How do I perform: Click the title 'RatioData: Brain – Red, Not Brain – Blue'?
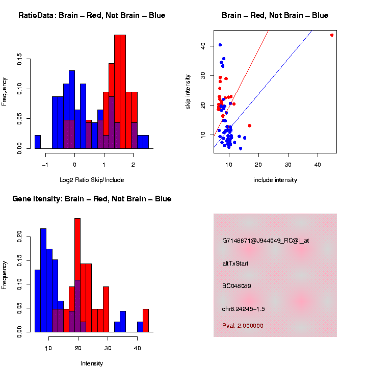pyautogui.click(x=92, y=15)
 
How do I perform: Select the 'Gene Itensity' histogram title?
pyautogui.click(x=92, y=198)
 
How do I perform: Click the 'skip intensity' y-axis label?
pyautogui.click(x=188, y=90)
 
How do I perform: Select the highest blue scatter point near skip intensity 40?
pyautogui.click(x=220, y=45)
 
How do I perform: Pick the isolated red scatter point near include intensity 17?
pyautogui.click(x=250, y=125)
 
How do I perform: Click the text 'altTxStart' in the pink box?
pyautogui.click(x=235, y=264)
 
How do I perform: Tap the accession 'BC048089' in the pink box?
pyautogui.click(x=237, y=286)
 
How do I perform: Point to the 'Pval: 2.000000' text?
pyautogui.click(x=243, y=325)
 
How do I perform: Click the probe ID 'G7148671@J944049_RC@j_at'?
pyautogui.click(x=266, y=241)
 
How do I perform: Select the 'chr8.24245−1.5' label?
pyautogui.click(x=244, y=309)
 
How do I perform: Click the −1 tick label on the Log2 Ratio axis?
pyautogui.click(x=45, y=165)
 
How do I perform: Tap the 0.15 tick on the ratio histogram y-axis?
pyautogui.click(x=20, y=60)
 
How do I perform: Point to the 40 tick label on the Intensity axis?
pyautogui.click(x=138, y=348)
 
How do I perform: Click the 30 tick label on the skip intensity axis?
pyautogui.click(x=203, y=75)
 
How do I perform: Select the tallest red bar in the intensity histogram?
pyautogui.click(x=77, y=275)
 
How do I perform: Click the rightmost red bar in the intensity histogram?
pyautogui.click(x=146, y=321)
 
